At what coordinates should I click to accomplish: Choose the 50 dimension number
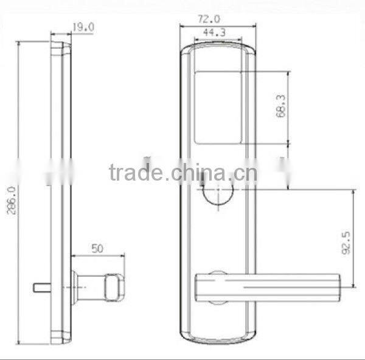[x=97, y=249]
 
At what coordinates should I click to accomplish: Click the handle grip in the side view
[x=113, y=286]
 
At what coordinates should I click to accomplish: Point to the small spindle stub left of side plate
[x=40, y=286]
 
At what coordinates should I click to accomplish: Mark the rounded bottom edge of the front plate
[x=217, y=338]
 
